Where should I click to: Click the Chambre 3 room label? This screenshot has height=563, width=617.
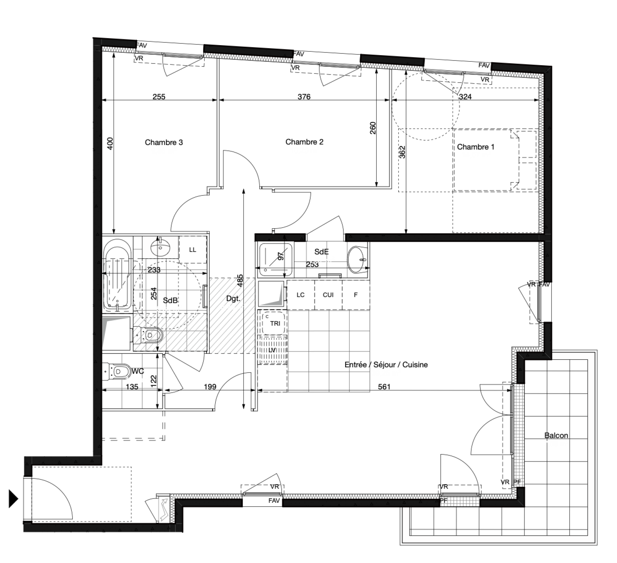tap(164, 142)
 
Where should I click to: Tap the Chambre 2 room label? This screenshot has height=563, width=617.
tap(304, 142)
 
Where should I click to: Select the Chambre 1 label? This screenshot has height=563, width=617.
tap(475, 147)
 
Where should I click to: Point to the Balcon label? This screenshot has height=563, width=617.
tap(556, 435)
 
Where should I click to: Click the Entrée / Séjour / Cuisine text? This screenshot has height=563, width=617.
tap(386, 365)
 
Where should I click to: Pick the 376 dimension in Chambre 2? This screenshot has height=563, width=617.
tap(304, 96)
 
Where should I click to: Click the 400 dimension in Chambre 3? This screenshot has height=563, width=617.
tap(110, 144)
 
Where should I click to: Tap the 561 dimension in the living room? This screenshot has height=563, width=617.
tap(384, 387)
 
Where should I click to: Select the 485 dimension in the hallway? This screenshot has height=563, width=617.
tap(240, 280)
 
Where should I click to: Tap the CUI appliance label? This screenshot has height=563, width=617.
tap(328, 295)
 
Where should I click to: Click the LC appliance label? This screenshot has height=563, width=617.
tap(300, 295)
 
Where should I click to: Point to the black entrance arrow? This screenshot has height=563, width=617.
tap(13, 499)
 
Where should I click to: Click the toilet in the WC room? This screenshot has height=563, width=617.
tap(117, 372)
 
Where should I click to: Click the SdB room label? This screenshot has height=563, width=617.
tap(170, 300)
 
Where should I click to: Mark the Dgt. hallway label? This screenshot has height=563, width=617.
tap(233, 298)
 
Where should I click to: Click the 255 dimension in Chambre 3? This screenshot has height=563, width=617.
tap(159, 96)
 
